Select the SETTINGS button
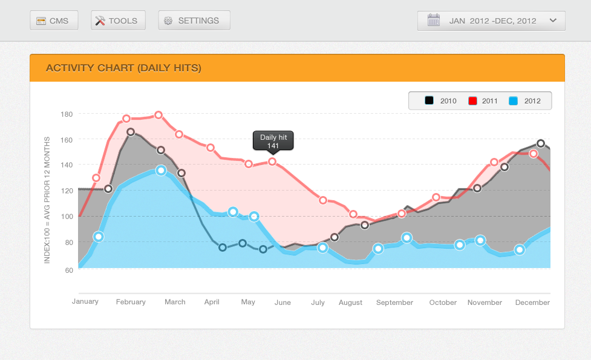click(194, 21)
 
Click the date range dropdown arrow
click(552, 21)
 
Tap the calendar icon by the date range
click(433, 21)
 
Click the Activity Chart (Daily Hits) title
click(123, 68)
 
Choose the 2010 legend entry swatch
click(429, 101)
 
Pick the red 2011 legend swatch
click(473, 101)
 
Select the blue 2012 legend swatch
click(514, 101)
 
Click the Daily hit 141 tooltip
click(273, 141)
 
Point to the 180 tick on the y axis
click(67, 114)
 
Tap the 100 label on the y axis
click(67, 217)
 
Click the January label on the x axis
click(85, 301)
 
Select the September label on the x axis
click(394, 303)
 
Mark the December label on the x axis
click(532, 303)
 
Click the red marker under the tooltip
click(272, 162)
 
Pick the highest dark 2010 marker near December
click(541, 144)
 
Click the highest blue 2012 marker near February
click(160, 171)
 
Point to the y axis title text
click(47, 200)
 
